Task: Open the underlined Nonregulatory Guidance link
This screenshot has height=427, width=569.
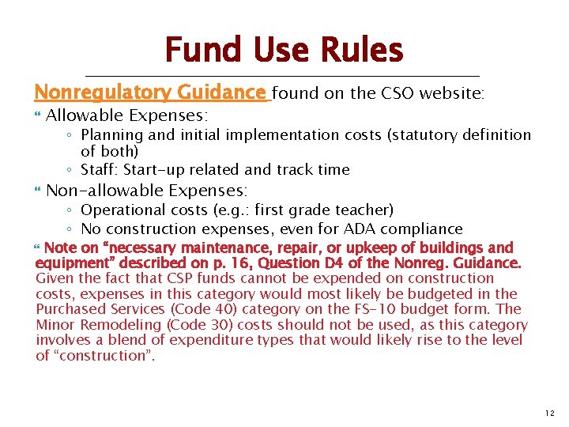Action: pyautogui.click(x=150, y=93)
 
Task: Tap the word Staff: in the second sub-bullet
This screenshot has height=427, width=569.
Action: pyautogui.click(x=100, y=170)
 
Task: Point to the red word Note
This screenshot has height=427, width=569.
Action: pyautogui.click(x=61, y=248)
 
